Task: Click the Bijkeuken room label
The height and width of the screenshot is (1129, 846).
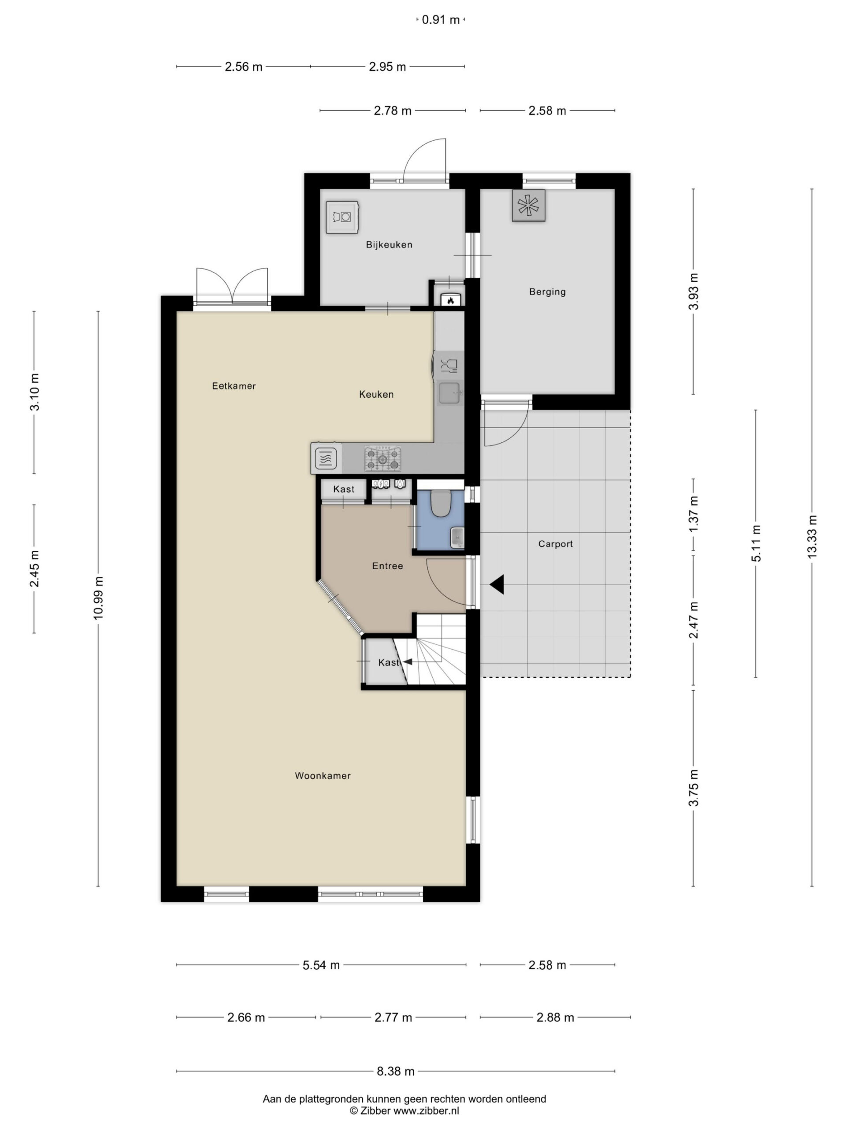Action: [389, 244]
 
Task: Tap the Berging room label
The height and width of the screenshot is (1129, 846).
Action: [547, 292]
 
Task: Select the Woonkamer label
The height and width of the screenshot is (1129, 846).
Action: [323, 776]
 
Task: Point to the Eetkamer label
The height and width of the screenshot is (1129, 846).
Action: [234, 386]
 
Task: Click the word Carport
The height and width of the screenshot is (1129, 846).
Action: [555, 544]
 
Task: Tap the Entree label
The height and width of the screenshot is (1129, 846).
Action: [388, 566]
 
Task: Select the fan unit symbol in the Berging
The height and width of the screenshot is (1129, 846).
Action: [528, 206]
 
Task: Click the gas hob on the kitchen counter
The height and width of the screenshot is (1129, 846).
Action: [382, 459]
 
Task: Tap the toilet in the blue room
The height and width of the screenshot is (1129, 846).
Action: [440, 503]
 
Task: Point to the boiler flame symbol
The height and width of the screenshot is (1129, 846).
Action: [450, 301]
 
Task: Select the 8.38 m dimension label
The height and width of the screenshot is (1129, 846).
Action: [396, 1071]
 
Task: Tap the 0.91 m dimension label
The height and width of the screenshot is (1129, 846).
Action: [441, 20]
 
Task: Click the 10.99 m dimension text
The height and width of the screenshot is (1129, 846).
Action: [98, 598]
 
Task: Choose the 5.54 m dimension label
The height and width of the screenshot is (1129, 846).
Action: [321, 965]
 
